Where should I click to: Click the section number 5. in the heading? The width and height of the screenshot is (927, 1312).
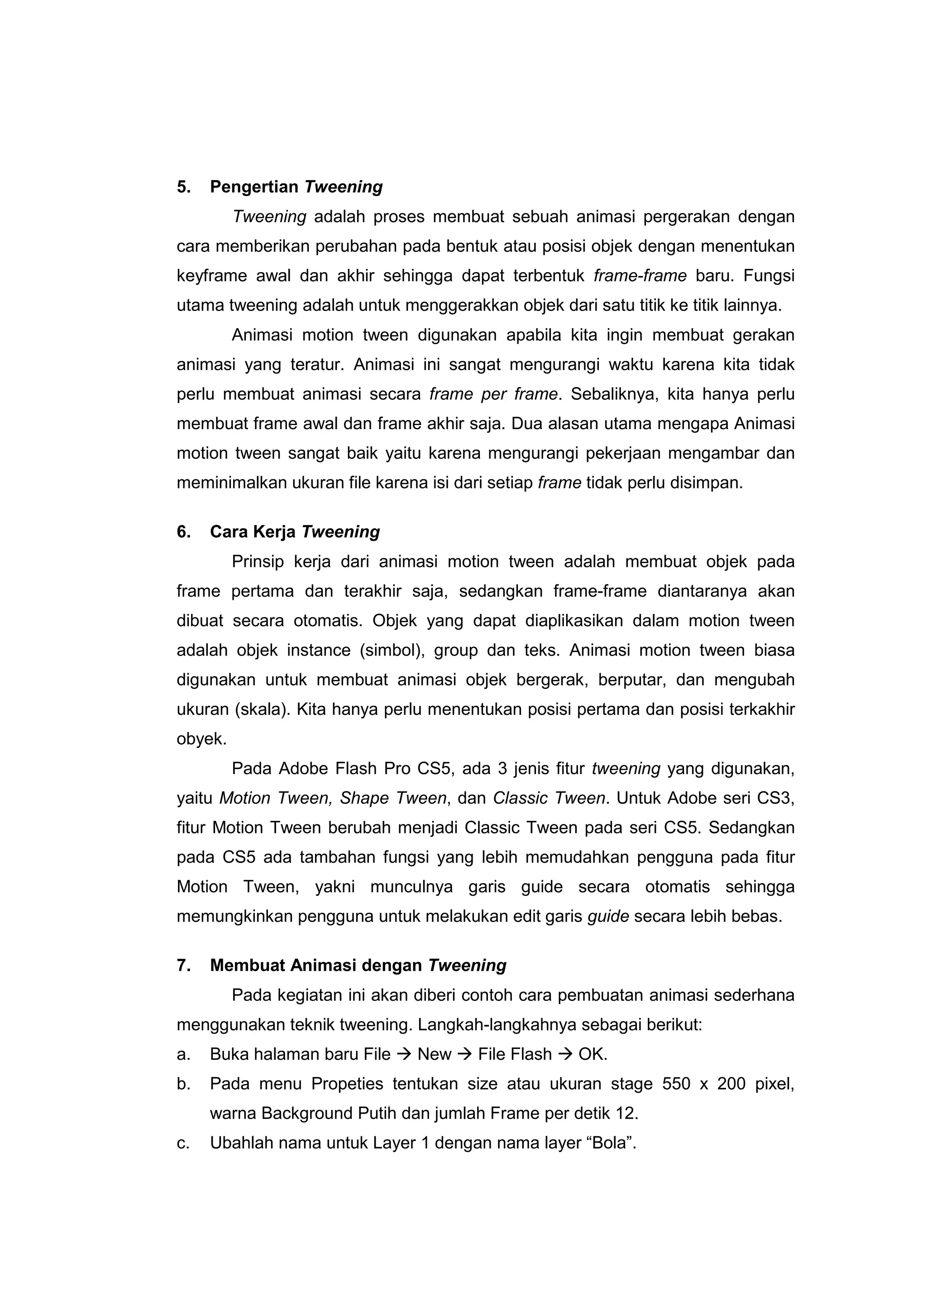(183, 187)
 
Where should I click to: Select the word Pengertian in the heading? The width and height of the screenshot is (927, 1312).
(254, 187)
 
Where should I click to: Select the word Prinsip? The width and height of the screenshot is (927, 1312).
(258, 562)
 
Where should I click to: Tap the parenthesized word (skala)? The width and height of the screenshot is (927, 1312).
(262, 710)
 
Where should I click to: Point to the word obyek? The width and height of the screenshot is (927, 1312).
(201, 739)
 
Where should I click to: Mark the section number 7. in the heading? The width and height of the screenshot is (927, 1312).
(183, 966)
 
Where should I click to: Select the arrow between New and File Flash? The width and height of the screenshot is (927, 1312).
(464, 1055)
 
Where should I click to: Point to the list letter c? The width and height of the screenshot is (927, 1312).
(183, 1144)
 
